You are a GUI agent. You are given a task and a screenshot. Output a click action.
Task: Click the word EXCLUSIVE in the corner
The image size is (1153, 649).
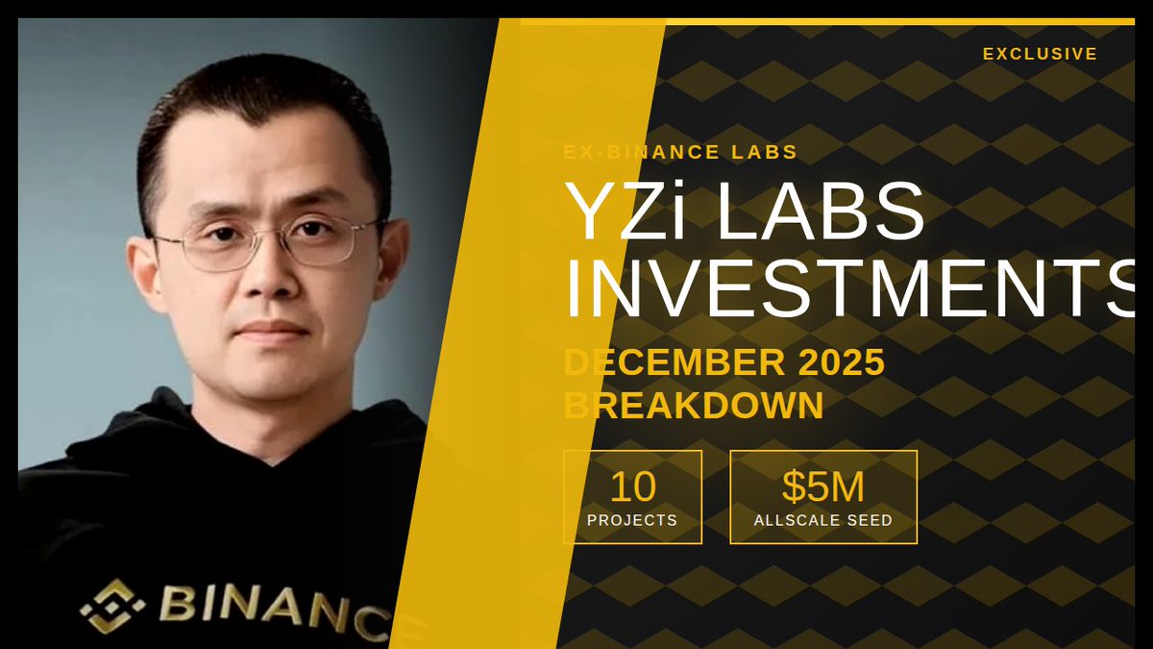click(x=1040, y=54)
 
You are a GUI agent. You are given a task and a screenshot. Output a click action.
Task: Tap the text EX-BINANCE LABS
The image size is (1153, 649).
click(x=680, y=152)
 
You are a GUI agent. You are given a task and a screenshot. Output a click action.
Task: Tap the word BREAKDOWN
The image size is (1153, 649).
click(x=693, y=405)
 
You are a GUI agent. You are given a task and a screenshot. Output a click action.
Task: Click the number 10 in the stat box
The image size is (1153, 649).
click(x=632, y=487)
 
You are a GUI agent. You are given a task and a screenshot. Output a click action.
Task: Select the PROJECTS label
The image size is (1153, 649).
click(x=632, y=520)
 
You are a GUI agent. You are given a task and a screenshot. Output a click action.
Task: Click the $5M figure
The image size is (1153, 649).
click(x=823, y=487)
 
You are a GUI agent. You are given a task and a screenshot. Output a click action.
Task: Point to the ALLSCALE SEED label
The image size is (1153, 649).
click(x=823, y=520)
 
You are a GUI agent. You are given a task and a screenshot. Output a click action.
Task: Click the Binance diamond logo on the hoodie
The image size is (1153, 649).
click(x=112, y=606)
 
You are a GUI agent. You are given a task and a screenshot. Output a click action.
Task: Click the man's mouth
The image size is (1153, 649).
click(x=272, y=331)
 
